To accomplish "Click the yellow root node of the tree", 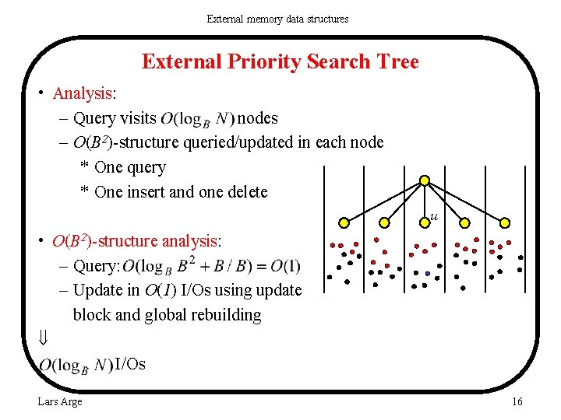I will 425,181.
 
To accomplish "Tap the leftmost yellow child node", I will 343,222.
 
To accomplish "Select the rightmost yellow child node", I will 505,222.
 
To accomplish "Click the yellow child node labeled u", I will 425,222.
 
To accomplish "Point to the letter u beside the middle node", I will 433,217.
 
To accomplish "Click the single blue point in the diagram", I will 427,274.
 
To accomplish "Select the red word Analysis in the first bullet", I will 83,93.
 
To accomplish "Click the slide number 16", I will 517,401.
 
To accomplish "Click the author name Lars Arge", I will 60,401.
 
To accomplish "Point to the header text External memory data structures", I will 277,18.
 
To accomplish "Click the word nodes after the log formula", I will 257,118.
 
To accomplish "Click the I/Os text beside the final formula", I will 129,364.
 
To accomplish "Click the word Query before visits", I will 93,118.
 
